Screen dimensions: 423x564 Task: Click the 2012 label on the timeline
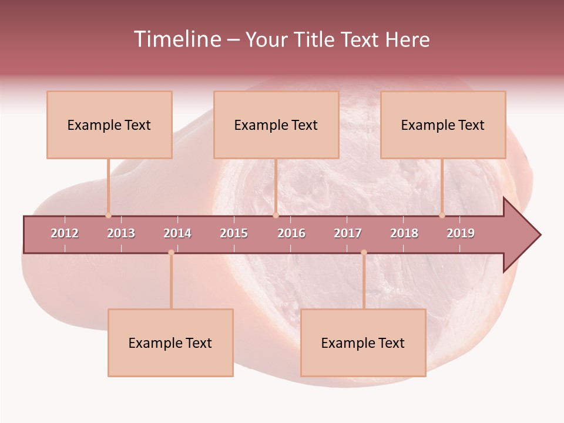65,233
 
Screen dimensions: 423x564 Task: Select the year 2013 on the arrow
121,233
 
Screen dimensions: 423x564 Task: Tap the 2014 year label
177,233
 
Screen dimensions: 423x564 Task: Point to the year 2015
234,233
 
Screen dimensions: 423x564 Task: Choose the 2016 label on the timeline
291,233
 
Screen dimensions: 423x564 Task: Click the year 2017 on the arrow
348,233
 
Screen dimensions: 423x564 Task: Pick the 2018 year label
404,233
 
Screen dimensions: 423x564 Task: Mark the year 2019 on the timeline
461,233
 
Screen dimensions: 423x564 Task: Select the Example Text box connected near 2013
109,125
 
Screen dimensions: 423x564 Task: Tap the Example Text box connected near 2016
276,125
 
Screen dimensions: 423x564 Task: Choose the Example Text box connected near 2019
443,125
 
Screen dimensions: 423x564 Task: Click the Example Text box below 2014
170,343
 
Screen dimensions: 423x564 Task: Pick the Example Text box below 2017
363,343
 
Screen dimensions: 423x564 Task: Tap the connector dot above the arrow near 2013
108,216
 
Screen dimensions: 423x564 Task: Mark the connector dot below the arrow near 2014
171,253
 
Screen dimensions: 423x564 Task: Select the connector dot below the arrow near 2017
364,253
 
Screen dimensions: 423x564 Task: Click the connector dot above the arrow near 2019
442,216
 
